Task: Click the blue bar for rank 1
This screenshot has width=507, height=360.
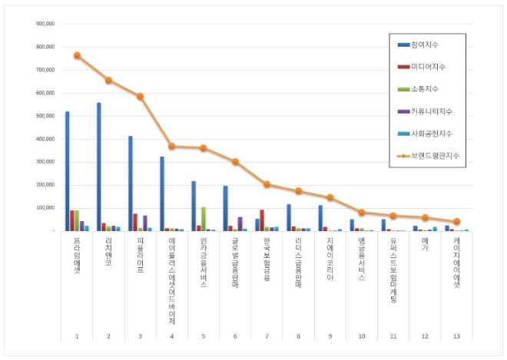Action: tap(68, 171)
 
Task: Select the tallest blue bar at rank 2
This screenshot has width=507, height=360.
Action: tap(99, 167)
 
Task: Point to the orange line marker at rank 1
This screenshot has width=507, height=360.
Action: tap(77, 55)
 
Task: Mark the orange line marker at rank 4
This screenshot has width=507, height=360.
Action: tap(172, 146)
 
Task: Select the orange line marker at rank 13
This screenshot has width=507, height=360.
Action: tap(456, 221)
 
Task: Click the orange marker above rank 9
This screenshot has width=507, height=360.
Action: tap(330, 197)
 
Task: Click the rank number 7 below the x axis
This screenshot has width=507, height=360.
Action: tap(267, 336)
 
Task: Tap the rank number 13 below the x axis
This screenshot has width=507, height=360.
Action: tap(456, 336)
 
